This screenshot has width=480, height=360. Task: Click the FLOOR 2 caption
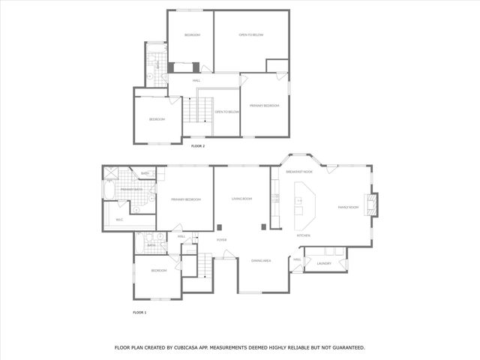198,145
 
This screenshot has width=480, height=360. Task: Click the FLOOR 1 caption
139,311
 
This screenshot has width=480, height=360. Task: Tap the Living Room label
241,199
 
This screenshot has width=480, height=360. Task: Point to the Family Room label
348,207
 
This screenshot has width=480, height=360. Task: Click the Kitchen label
304,235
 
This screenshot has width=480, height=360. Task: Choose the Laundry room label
324,263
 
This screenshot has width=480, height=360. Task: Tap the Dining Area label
261,260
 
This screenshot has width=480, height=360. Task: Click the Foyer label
221,240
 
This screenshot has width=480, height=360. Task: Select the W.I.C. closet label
119,220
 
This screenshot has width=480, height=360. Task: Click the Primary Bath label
131,190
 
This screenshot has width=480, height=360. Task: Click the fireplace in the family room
373,205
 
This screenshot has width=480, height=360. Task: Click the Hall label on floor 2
196,80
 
